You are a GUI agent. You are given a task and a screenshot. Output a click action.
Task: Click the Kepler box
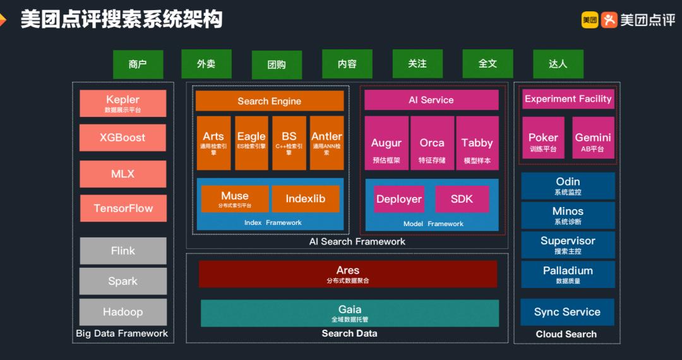tap(123, 103)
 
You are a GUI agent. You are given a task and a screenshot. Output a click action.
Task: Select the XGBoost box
tap(123, 137)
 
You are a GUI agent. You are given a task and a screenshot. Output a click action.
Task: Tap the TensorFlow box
tap(123, 208)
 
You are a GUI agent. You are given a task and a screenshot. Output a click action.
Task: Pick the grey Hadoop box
tap(123, 312)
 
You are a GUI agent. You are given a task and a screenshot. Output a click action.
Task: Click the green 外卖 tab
tap(206, 64)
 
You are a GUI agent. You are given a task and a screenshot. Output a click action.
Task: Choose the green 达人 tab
tap(558, 64)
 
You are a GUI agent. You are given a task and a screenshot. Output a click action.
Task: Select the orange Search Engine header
tap(270, 101)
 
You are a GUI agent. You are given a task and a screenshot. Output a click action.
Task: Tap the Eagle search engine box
tap(251, 143)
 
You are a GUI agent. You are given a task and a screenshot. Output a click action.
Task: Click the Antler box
tap(326, 143)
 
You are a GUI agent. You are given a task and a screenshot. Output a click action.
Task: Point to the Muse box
tap(235, 199)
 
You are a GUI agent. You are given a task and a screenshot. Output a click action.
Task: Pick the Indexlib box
tap(306, 199)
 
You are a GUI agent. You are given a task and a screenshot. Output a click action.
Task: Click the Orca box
tap(432, 143)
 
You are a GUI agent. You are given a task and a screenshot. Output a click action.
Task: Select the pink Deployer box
tap(398, 199)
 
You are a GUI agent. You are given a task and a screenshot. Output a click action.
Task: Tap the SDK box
tap(462, 199)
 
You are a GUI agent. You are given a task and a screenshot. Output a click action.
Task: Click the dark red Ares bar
tap(348, 273)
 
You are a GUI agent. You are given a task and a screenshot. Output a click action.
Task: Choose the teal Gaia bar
tap(350, 313)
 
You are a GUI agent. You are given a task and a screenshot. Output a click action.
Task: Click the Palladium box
tap(568, 274)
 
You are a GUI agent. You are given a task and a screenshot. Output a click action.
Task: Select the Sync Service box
tap(567, 312)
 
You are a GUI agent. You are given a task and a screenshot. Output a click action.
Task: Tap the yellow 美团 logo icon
tap(590, 20)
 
